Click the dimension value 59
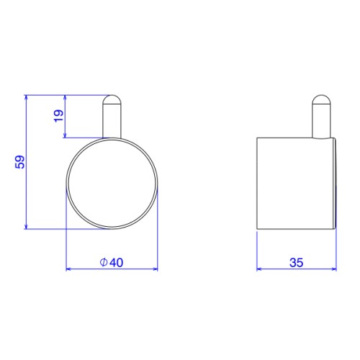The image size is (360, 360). (x=20, y=162)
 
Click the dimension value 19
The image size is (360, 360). (x=59, y=116)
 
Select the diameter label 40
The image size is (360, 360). (x=117, y=263)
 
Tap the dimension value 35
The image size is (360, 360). (x=297, y=263)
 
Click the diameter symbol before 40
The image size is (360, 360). (x=104, y=263)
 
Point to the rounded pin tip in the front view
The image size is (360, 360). (x=112, y=99)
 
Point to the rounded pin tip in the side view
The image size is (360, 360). (x=321, y=99)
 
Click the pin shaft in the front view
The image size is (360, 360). (x=112, y=121)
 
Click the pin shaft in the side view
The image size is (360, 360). (x=321, y=121)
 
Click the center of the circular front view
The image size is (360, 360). (x=112, y=184)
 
